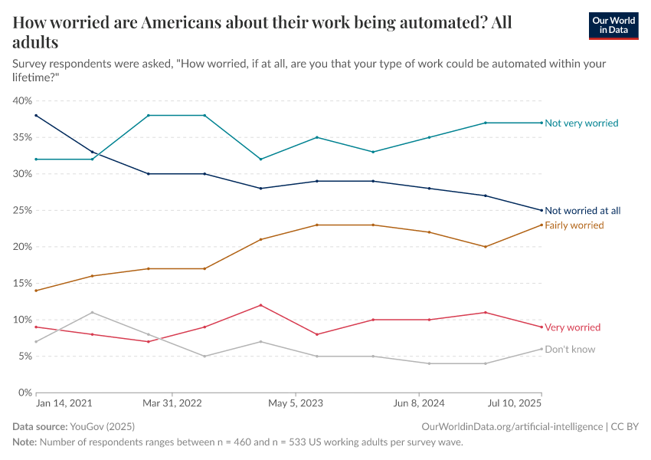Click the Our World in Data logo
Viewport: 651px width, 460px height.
click(613, 25)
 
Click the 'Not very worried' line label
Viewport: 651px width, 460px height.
click(581, 123)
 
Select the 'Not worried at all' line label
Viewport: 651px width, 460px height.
click(582, 211)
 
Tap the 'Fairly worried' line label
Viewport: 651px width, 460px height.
click(574, 225)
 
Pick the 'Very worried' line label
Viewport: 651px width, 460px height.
click(572, 327)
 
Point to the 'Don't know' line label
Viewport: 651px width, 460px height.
click(570, 350)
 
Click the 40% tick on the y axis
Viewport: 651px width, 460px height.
click(21, 101)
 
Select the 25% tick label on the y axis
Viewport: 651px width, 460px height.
click(21, 210)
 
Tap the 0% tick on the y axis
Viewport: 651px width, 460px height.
click(24, 393)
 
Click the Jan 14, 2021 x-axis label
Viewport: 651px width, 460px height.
click(64, 402)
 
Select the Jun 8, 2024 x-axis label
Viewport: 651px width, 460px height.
click(419, 402)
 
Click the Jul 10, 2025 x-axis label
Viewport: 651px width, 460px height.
click(515, 402)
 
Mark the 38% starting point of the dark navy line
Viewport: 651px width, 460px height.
click(36, 116)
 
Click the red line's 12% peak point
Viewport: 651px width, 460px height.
click(261, 305)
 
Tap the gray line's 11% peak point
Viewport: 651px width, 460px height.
click(92, 312)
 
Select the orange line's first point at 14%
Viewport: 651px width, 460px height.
click(36, 291)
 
